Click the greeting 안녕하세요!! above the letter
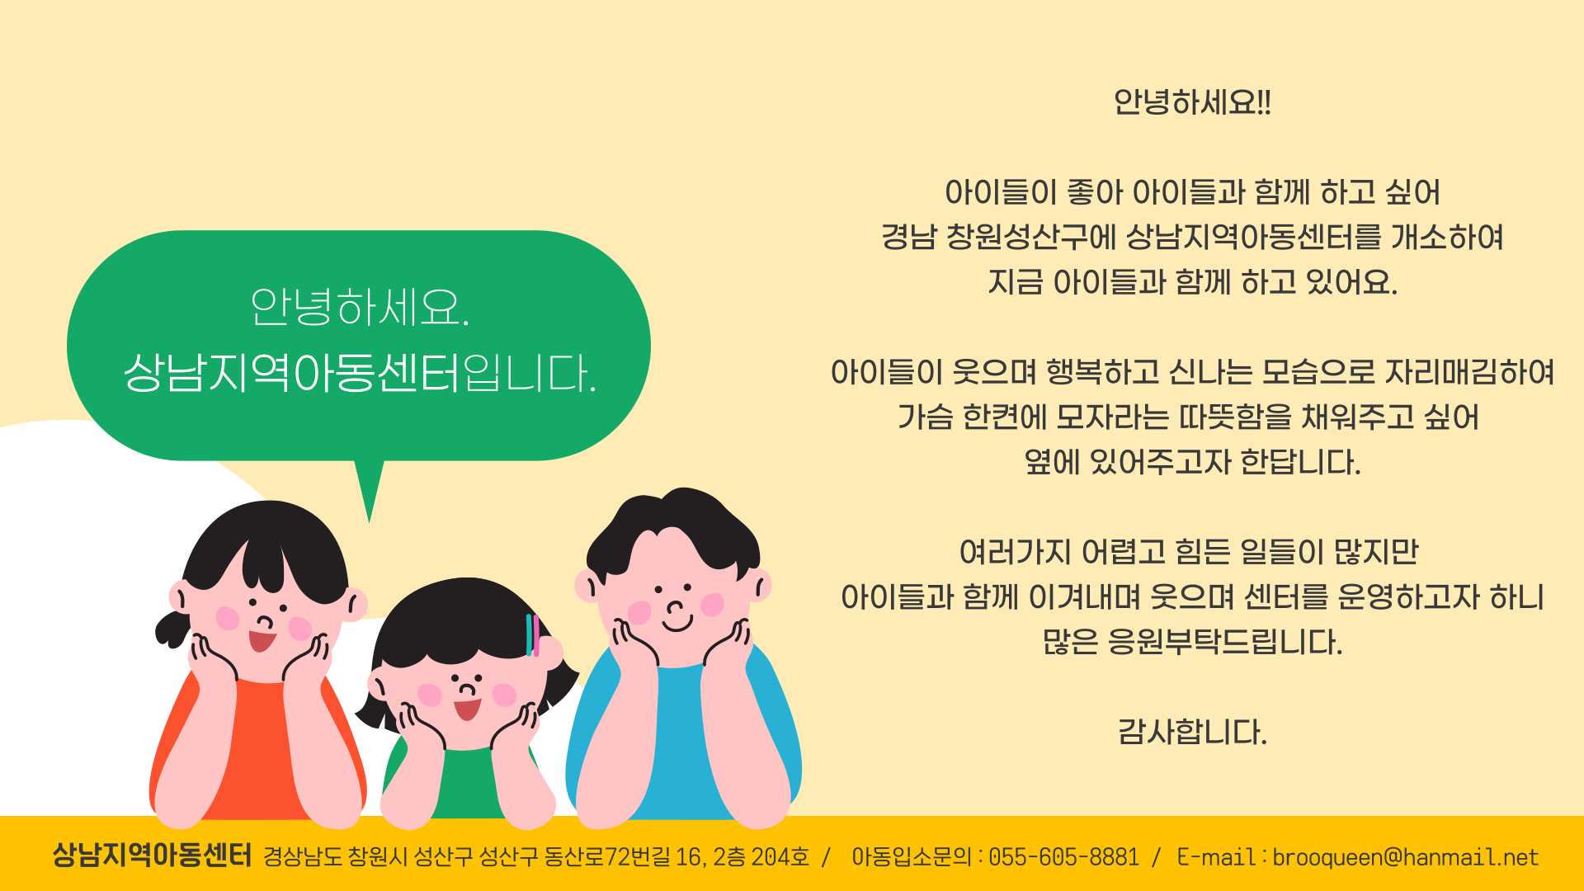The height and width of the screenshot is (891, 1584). [1192, 102]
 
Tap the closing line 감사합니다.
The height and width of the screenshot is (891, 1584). [1192, 732]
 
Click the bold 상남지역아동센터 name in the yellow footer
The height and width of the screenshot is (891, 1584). [152, 856]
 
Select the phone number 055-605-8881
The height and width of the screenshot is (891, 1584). [1063, 857]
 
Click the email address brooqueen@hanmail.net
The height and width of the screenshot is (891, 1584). [1405, 857]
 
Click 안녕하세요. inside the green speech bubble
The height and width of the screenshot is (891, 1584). [360, 307]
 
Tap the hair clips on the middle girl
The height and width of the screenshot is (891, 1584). [532, 635]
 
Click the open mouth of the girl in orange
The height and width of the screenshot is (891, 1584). [262, 640]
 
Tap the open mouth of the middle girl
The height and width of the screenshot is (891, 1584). [467, 709]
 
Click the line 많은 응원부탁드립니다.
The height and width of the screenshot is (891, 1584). [1192, 642]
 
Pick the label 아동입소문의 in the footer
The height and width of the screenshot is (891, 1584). [912, 857]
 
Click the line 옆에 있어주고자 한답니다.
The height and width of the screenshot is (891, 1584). [1192, 462]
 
